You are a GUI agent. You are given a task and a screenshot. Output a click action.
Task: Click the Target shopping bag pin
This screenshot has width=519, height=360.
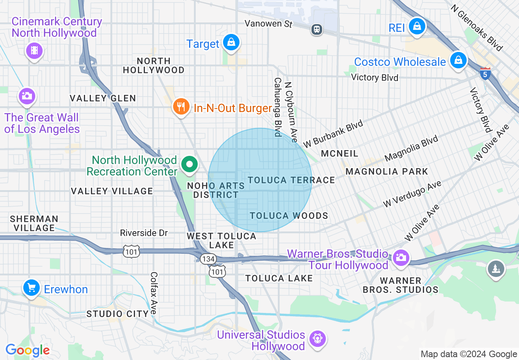tap(231, 42)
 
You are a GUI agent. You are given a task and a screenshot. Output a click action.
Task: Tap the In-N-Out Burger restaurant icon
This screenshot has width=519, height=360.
tap(181, 107)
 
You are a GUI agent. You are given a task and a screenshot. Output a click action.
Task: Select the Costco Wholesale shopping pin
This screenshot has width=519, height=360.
tap(458, 61)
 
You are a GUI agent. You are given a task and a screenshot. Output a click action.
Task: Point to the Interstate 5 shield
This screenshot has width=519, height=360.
tap(485, 73)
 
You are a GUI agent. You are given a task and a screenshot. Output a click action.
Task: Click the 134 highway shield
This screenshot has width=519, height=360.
tap(208, 259)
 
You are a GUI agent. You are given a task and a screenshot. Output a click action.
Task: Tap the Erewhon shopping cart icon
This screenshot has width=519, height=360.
tap(32, 288)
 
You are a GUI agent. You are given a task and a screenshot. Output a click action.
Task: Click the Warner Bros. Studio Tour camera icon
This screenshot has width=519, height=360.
tap(400, 258)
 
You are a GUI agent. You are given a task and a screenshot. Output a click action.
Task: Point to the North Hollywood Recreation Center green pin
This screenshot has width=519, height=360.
tap(189, 164)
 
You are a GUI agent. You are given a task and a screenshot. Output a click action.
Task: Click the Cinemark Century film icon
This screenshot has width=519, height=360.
tap(34, 51)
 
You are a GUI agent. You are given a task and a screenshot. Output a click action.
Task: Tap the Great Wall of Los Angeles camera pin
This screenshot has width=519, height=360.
tap(27, 97)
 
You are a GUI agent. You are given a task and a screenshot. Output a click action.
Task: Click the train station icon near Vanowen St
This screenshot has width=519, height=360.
tap(316, 29)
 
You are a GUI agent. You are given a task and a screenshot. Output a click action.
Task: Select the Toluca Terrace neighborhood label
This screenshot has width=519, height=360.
tap(291, 180)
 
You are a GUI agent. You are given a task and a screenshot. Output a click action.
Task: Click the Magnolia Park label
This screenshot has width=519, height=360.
tap(386, 171)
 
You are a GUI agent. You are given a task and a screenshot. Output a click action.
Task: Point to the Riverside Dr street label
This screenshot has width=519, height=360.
tap(144, 233)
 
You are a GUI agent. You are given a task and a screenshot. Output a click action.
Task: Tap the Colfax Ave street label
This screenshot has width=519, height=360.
tap(154, 293)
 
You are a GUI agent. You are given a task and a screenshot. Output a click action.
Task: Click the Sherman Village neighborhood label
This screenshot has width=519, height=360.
tap(34, 223)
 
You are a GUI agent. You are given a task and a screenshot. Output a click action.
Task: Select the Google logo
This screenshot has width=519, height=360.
tap(27, 350)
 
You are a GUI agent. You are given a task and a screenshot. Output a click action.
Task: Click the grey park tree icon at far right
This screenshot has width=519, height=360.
tap(496, 269)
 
